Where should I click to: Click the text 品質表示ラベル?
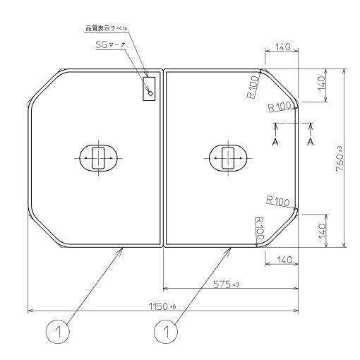106,29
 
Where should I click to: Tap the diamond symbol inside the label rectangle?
150,92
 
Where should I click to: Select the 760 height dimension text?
340,158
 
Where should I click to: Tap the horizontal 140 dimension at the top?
282,47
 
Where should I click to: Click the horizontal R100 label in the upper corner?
280,107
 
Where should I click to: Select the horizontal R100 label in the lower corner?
278,202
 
